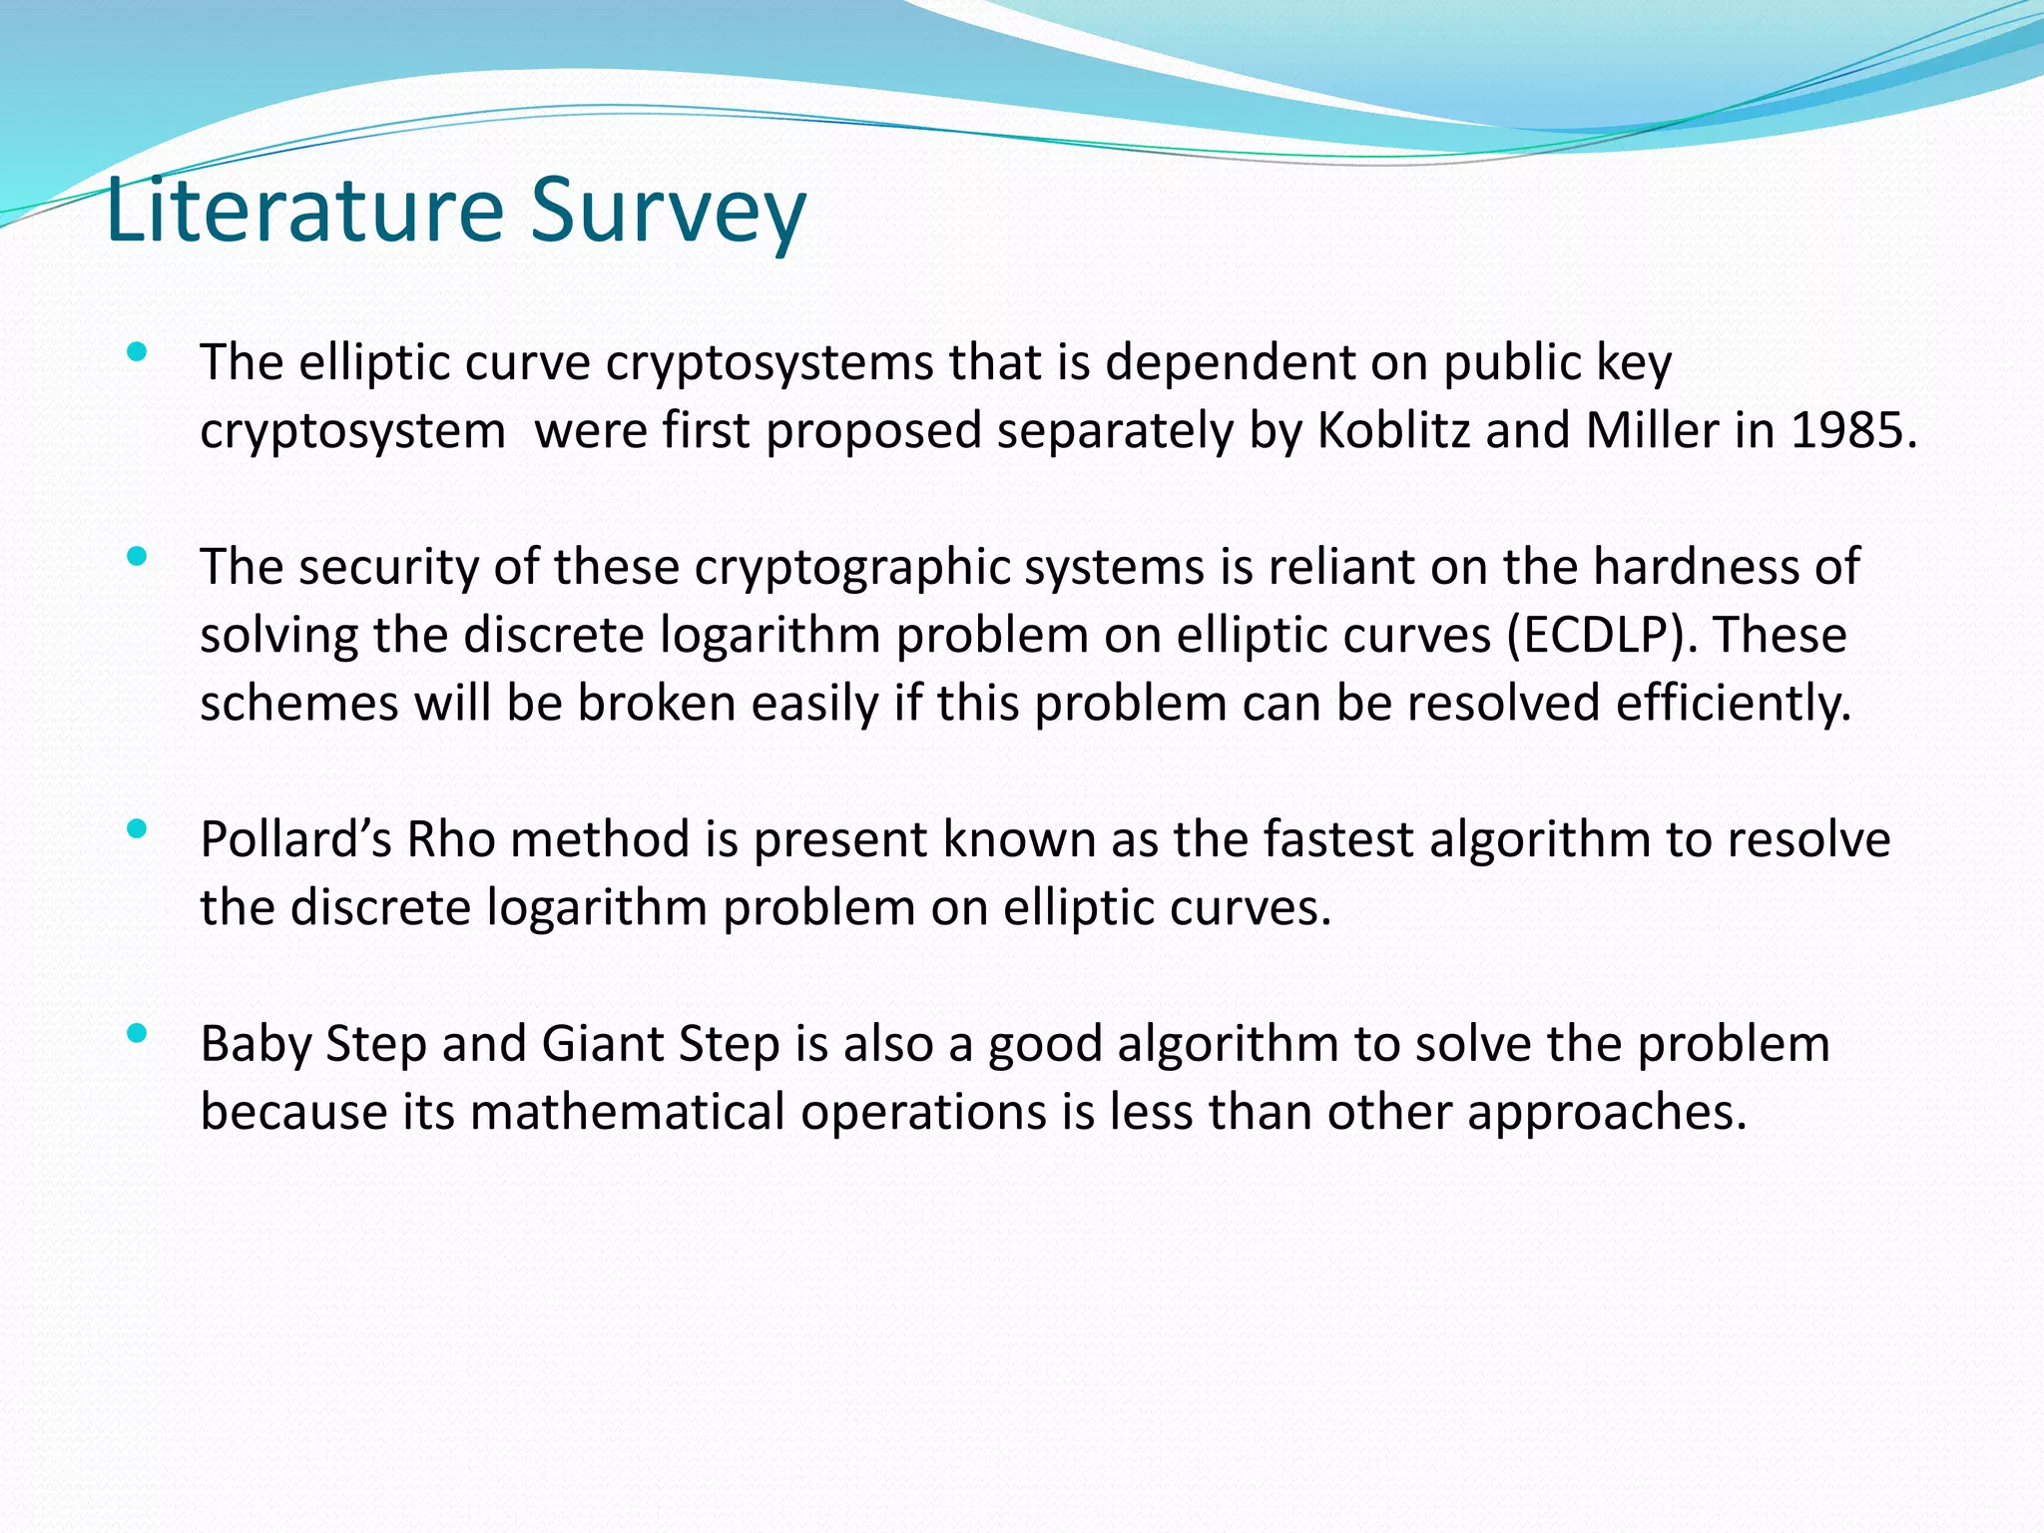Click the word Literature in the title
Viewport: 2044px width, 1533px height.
pyautogui.click(x=304, y=210)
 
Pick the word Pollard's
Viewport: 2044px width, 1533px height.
pyautogui.click(x=295, y=839)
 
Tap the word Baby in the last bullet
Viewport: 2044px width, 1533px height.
pyautogui.click(x=255, y=1045)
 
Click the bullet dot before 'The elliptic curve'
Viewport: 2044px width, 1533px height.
pyautogui.click(x=138, y=351)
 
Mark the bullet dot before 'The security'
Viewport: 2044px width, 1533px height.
pyautogui.click(x=138, y=556)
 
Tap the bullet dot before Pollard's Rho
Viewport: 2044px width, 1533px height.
pyautogui.click(x=138, y=828)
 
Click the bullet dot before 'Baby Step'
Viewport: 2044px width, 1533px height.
pyautogui.click(x=138, y=1033)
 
